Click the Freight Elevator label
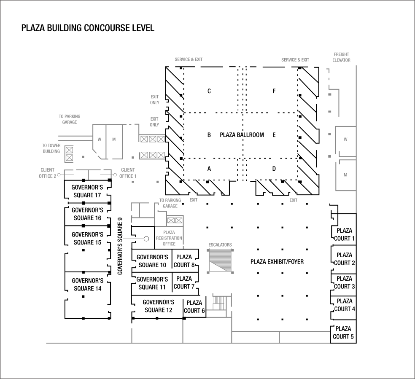click(x=341, y=57)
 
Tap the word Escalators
click(x=220, y=245)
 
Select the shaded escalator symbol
click(x=221, y=261)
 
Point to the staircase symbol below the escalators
click(x=219, y=302)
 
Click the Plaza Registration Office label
click(x=169, y=238)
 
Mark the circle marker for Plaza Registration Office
click(x=146, y=239)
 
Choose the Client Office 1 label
click(x=128, y=173)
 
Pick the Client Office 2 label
click(x=47, y=173)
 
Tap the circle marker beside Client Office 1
click(x=115, y=175)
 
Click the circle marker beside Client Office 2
click(x=59, y=175)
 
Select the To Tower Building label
click(x=51, y=148)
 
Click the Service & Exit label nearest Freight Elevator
click(x=295, y=60)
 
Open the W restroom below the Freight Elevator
click(x=345, y=140)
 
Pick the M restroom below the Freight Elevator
click(x=345, y=175)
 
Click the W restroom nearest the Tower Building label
click(x=100, y=140)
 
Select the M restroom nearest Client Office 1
click(x=114, y=140)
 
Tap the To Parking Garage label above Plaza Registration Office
click(x=170, y=203)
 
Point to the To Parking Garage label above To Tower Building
click(x=69, y=119)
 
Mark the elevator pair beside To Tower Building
click(x=69, y=154)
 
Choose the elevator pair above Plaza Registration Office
click(x=175, y=220)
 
